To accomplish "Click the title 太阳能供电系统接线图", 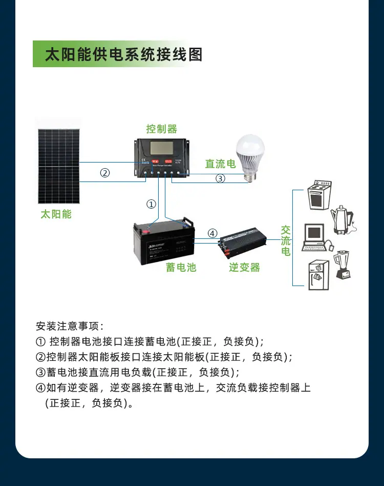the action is coord(123,54).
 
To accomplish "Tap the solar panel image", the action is coord(58,167).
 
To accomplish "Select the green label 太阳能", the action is coord(56,214).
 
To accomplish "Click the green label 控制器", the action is coord(161,129).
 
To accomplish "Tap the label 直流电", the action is coord(220,164).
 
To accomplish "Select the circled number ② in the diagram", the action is coord(104,173).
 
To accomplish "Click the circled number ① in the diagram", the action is coord(151,204).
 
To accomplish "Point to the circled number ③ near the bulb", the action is coord(220,178).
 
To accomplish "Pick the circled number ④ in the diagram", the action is coord(212,234).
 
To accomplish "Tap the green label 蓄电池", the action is coord(181,267).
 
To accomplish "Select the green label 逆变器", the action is coord(244,267).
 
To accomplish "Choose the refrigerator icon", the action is coord(317,275).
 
